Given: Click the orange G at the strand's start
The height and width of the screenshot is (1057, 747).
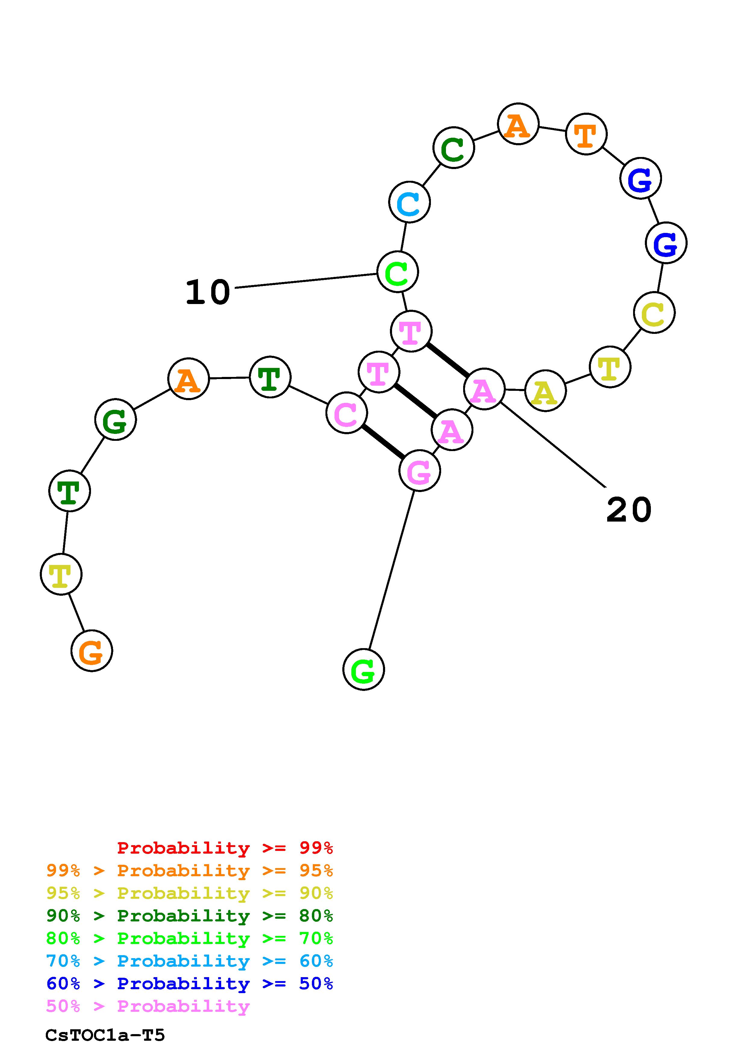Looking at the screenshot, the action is [92, 651].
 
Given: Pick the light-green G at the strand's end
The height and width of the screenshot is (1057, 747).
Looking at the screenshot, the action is [363, 670].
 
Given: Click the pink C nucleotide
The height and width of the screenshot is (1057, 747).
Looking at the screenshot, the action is [347, 412].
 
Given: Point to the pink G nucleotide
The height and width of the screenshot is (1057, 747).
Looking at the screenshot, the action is [419, 470].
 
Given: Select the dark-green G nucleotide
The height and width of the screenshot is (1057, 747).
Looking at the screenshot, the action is [115, 419].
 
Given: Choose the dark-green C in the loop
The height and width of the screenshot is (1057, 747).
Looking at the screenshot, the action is [454, 147].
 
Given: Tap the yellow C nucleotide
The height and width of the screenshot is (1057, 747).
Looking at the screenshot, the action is [654, 312].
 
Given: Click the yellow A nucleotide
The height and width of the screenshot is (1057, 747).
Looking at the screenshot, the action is [545, 390].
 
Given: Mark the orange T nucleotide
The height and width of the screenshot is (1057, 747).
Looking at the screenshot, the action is [586, 134].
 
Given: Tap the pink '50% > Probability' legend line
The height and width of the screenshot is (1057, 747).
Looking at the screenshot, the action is [148, 1006].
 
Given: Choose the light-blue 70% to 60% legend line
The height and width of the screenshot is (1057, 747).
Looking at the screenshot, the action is [190, 961].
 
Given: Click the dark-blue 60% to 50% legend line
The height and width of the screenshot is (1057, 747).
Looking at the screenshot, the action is [190, 984].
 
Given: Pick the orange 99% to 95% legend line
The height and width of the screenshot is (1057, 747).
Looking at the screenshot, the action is [190, 870].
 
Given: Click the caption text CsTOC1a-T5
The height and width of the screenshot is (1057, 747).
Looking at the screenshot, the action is [105, 1035].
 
